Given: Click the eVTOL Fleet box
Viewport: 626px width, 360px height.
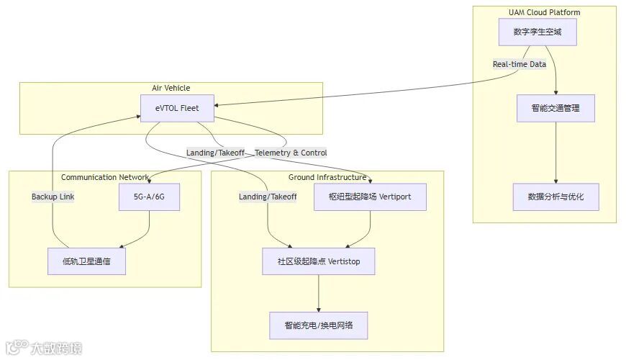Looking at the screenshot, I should tap(176, 109).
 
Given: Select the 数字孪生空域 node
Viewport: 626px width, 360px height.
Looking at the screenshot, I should tap(537, 32).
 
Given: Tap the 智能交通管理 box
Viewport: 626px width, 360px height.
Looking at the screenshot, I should tap(555, 108).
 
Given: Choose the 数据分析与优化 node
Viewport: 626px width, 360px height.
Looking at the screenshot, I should tap(555, 197).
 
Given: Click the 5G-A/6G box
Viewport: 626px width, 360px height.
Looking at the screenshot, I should tap(149, 197).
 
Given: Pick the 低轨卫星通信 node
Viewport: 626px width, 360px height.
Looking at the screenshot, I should tap(86, 261).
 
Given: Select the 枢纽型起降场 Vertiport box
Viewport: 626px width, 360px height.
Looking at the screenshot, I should tap(370, 197).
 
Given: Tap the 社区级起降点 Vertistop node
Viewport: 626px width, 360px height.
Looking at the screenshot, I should tap(319, 261).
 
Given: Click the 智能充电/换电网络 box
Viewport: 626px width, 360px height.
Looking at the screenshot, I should tap(319, 325).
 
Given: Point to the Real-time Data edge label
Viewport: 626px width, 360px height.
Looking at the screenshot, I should tap(519, 64).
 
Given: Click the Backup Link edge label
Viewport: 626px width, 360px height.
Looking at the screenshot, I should tap(53, 197).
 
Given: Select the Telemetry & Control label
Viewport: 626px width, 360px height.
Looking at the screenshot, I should tap(291, 153).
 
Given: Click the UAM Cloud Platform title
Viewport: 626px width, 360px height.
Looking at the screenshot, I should tap(544, 12).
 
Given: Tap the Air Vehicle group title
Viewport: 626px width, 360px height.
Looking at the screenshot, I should tap(171, 88).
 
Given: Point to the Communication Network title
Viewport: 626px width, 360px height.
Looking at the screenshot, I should tap(104, 177).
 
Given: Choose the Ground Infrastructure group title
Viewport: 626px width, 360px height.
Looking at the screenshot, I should tap(327, 177).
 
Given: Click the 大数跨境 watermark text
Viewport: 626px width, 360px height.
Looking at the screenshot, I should tap(56, 349).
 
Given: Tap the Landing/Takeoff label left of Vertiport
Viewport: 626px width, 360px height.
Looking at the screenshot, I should tap(268, 197).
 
